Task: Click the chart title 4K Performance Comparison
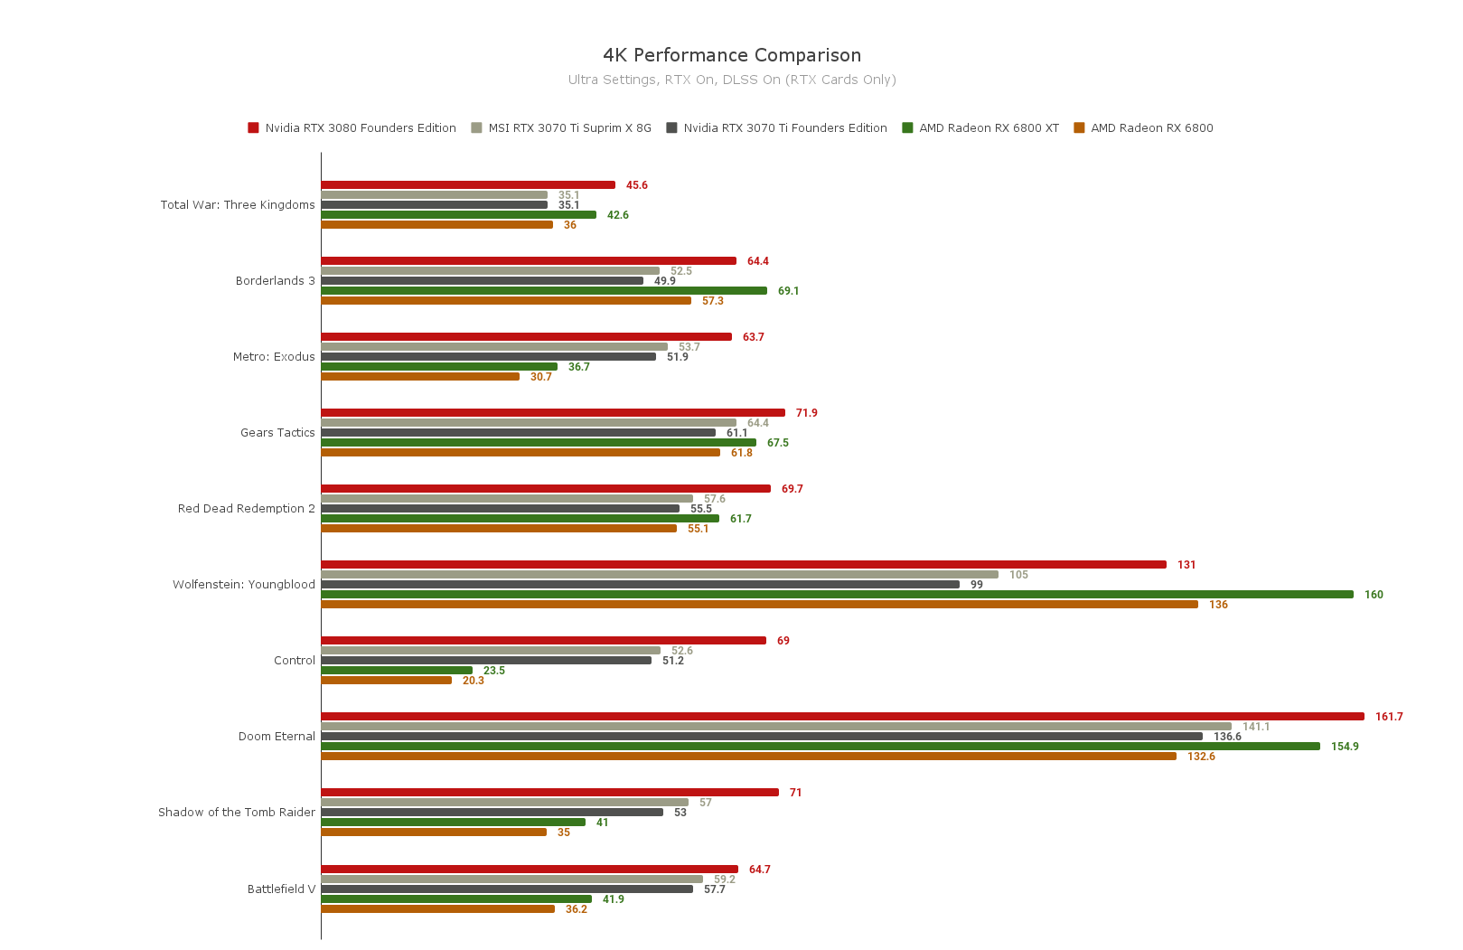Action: pyautogui.click(x=732, y=55)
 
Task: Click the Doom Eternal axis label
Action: pyautogui.click(x=277, y=737)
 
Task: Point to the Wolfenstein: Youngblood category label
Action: pyautogui.click(x=244, y=585)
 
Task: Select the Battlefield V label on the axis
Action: pyautogui.click(x=281, y=889)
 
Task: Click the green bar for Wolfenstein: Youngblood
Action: pyautogui.click(x=837, y=595)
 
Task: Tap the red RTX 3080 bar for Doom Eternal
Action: pyautogui.click(x=842, y=717)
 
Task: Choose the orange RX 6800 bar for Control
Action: pyautogui.click(x=387, y=681)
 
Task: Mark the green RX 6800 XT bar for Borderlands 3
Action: pyautogui.click(x=544, y=291)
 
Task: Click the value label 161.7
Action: pyautogui.click(x=1389, y=718)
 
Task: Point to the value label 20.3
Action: pyautogui.click(x=474, y=681)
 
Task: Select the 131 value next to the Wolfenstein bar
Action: pyautogui.click(x=1186, y=566)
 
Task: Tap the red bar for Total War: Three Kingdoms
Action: pyautogui.click(x=468, y=185)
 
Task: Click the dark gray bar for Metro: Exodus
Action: pyautogui.click(x=489, y=357)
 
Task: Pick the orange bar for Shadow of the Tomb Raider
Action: pyautogui.click(x=434, y=832)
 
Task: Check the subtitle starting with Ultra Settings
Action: pyautogui.click(x=732, y=80)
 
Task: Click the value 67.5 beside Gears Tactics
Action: pyautogui.click(x=778, y=443)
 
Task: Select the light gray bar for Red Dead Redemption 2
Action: pyautogui.click(x=507, y=499)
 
